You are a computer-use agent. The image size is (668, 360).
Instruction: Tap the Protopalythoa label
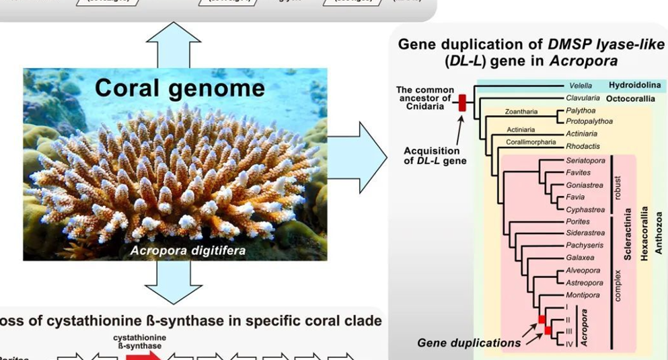tap(589, 121)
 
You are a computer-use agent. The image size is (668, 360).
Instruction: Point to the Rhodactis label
tap(582, 146)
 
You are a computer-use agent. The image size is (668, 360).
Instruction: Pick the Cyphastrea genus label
tap(585, 209)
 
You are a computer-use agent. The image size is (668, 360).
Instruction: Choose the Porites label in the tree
tap(577, 221)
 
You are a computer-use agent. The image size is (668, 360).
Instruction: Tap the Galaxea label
tap(579, 258)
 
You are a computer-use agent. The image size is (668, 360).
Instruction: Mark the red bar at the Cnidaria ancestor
tap(462, 103)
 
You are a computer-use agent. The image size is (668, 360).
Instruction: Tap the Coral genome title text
tap(179, 88)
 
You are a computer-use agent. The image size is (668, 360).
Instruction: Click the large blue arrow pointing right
tap(364, 159)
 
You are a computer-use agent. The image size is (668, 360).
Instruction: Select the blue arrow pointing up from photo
tap(174, 44)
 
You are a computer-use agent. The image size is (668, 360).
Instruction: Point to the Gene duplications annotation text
tap(469, 343)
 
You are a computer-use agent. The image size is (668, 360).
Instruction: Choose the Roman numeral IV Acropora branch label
tap(569, 344)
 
